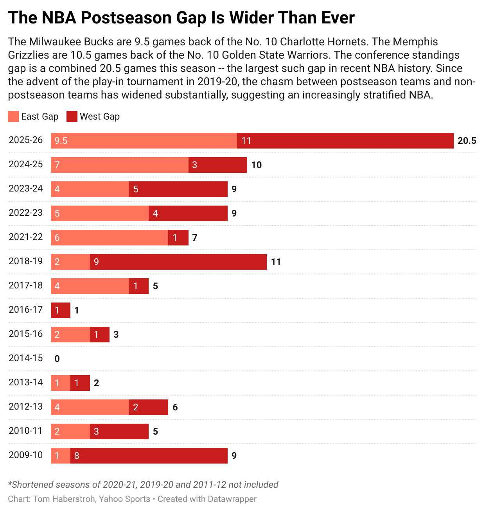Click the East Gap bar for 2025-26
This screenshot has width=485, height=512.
coord(144,141)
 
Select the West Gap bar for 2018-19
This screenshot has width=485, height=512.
coord(178,262)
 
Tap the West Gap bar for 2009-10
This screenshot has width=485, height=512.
coord(149,456)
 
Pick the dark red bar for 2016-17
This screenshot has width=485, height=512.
coord(61,310)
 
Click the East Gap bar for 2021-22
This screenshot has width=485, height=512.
coord(110,238)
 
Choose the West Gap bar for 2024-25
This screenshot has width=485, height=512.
coord(218,165)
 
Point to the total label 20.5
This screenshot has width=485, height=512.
coord(467,141)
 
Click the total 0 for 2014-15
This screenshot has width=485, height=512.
coord(57,359)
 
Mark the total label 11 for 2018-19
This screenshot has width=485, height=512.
coord(276,262)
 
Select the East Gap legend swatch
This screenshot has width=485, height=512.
coord(13,116)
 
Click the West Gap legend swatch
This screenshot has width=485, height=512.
coord(72,116)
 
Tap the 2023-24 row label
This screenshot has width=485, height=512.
coord(26,188)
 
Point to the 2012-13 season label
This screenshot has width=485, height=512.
coord(26,406)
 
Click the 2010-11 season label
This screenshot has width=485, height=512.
coord(26,431)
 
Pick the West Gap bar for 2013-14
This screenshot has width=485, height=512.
coord(80,383)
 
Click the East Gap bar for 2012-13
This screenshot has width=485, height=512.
coord(90,407)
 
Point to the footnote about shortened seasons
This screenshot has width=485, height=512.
coord(143,485)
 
